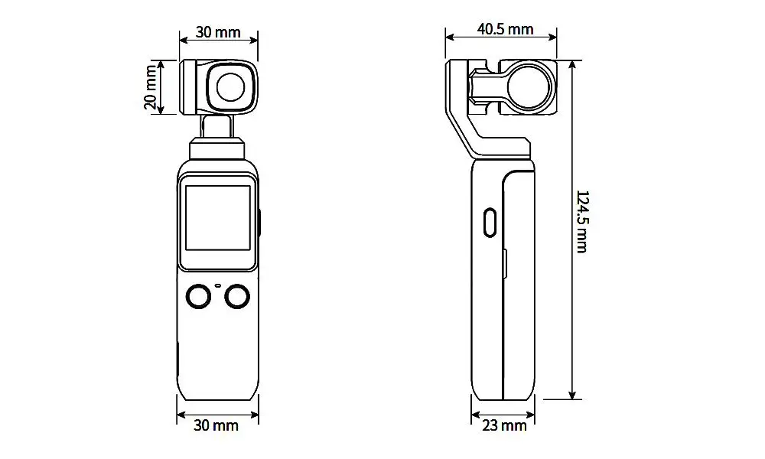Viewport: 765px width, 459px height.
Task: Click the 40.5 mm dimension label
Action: coord(505,29)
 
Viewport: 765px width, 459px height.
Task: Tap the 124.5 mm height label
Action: coord(582,222)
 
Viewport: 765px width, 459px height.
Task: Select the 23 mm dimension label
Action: coord(504,426)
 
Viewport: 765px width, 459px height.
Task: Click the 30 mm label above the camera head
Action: coord(218,32)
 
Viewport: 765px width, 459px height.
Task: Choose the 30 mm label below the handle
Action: coord(216,425)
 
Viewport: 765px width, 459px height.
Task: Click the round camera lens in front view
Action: coord(232,87)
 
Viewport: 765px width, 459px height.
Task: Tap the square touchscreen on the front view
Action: coord(218,217)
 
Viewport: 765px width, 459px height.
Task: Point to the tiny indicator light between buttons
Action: coord(218,285)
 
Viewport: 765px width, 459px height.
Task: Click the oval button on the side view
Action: coord(490,223)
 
